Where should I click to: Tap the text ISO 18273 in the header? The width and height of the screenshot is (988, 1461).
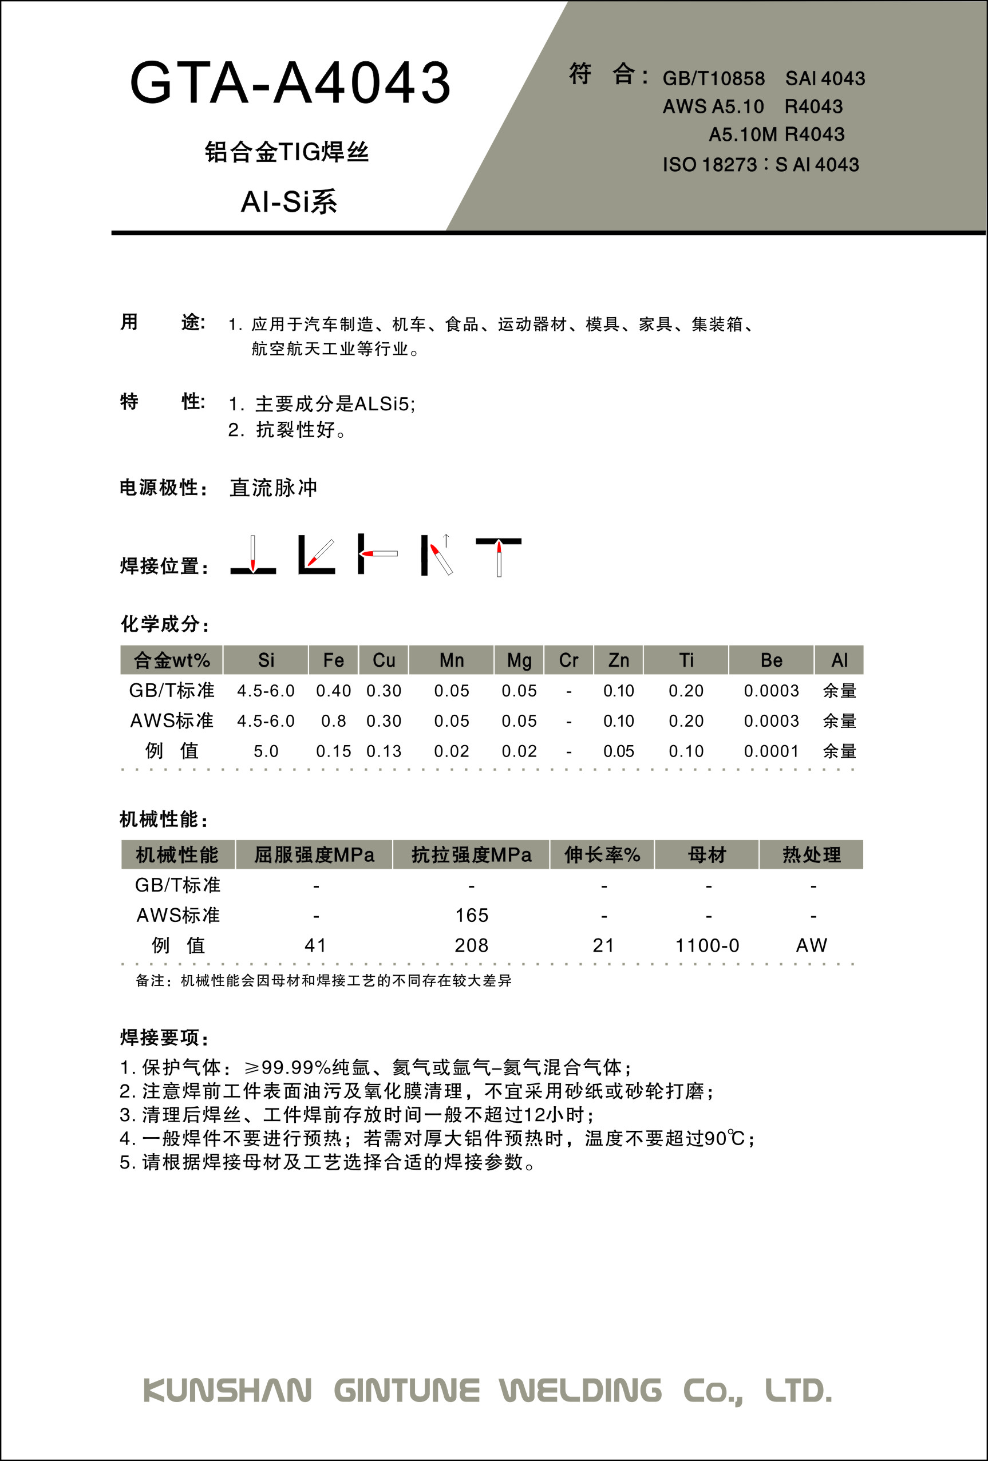709,165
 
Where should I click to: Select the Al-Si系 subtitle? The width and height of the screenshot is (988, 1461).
289,202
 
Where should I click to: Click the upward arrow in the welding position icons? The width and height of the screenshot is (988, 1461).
446,540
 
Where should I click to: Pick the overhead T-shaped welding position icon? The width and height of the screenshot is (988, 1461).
498,556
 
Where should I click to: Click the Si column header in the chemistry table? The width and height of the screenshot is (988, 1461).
266,660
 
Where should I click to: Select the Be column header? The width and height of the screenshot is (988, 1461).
771,660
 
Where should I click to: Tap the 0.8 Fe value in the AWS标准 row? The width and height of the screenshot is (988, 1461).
333,721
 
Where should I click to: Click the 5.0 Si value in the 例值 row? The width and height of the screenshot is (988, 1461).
266,751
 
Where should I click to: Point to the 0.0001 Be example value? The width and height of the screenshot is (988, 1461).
771,751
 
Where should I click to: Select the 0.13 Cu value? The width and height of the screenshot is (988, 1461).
384,751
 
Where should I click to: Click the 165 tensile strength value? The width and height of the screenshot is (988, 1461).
472,915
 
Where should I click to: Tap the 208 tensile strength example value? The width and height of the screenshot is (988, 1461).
472,945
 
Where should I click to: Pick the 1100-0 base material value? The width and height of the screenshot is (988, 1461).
707,945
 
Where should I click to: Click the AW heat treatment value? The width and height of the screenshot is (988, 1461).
811,945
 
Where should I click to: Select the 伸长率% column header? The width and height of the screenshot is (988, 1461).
602,855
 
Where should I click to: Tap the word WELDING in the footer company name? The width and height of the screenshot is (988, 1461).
580,1391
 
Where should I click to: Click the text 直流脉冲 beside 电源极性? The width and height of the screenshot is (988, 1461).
274,488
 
